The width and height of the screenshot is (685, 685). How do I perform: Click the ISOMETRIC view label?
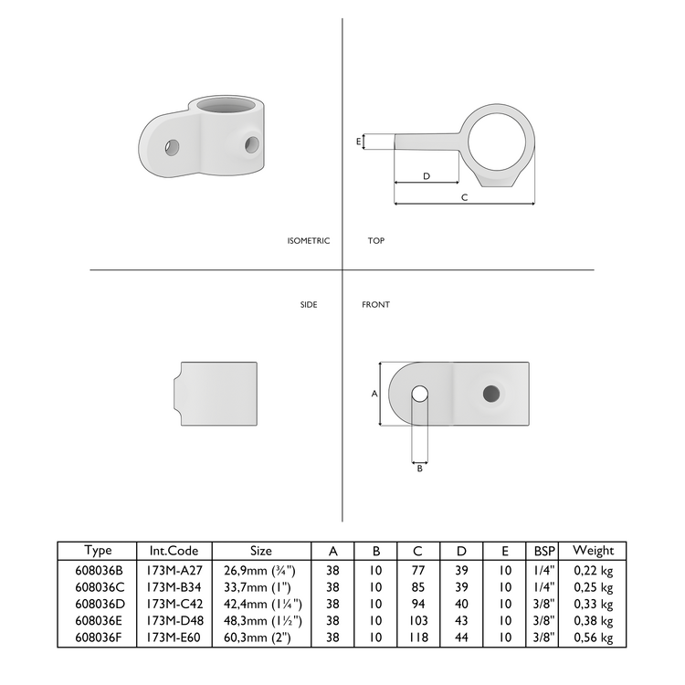(x=308, y=241)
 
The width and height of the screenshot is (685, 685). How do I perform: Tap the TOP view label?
(x=376, y=241)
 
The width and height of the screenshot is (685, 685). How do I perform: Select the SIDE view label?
(x=309, y=304)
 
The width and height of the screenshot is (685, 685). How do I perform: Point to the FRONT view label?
(x=375, y=304)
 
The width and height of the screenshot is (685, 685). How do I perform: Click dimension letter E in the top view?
(x=358, y=142)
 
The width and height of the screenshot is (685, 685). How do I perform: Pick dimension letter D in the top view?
(x=426, y=175)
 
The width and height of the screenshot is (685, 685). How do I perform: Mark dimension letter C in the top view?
(x=464, y=196)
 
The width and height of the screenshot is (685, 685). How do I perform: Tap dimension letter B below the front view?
(x=419, y=468)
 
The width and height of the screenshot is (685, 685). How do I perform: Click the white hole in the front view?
(x=419, y=394)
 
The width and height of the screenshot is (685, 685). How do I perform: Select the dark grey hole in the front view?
(x=491, y=393)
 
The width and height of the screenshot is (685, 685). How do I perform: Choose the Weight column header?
(x=593, y=551)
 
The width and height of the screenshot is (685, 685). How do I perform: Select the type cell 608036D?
(x=97, y=604)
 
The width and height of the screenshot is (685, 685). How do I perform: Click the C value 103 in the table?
(x=417, y=621)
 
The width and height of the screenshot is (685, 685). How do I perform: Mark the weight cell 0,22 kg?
(x=593, y=569)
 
